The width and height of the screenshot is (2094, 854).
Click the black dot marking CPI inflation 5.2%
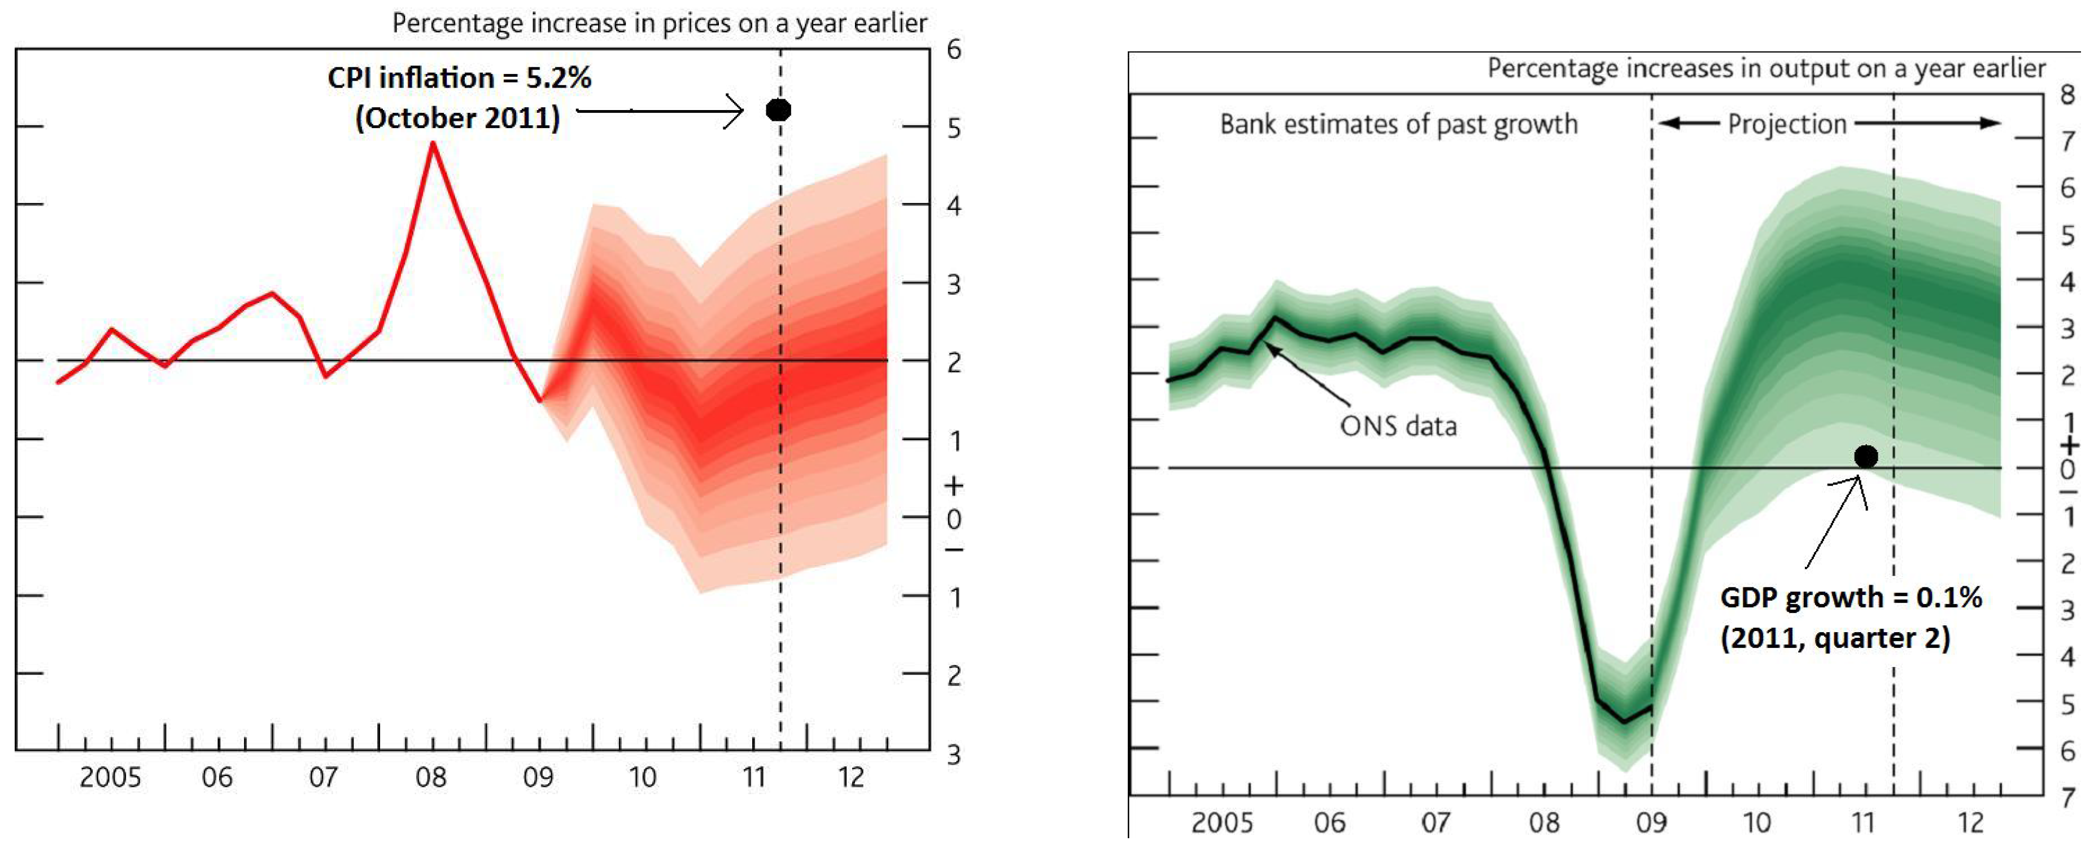pos(778,110)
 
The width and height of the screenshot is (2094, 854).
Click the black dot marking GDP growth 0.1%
pos(1866,457)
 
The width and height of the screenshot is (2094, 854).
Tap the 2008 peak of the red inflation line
pos(433,144)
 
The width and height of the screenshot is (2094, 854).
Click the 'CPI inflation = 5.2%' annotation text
pos(459,78)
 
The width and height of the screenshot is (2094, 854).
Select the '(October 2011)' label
pos(457,119)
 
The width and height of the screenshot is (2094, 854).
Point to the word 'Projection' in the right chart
pos(1787,124)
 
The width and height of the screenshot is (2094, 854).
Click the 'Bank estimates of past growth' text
pos(1398,124)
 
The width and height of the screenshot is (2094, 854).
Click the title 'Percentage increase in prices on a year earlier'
pos(659,23)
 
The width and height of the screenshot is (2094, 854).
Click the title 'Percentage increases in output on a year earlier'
pos(1765,68)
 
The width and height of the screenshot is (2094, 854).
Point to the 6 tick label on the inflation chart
pos(953,50)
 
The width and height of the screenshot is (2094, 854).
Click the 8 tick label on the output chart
pos(2067,95)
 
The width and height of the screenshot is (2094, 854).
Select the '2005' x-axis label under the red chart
pos(110,778)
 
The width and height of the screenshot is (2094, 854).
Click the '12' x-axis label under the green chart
pos(1970,823)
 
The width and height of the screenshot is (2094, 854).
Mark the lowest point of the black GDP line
pos(1624,721)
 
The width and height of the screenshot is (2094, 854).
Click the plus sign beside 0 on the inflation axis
pos(953,486)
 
